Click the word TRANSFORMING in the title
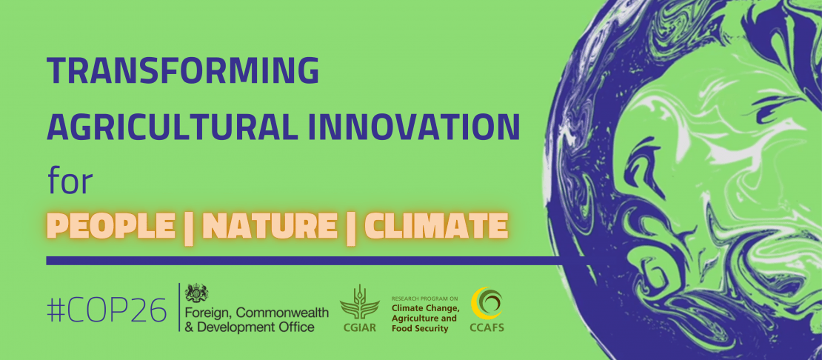(x=183, y=71)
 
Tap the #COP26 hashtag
(x=107, y=310)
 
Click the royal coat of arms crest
(x=196, y=293)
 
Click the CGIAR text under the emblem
(x=359, y=328)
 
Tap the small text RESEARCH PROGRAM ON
(x=424, y=299)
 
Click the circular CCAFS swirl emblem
(x=487, y=304)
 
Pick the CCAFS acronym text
(x=487, y=328)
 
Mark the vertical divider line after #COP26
(x=179, y=307)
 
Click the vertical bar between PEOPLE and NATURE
(x=187, y=227)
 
